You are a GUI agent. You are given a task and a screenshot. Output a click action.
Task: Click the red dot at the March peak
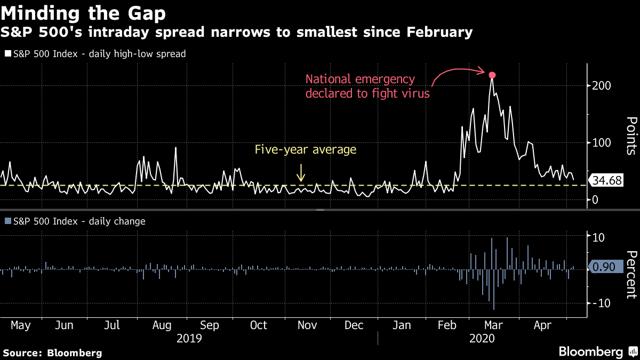(x=492, y=75)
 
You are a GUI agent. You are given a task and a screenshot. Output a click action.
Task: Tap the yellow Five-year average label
(x=305, y=149)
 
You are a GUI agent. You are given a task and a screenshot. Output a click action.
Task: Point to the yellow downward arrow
(x=301, y=172)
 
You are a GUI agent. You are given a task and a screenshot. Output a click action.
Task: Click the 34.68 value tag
(x=607, y=181)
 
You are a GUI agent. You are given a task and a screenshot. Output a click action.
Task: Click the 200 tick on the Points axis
(x=601, y=86)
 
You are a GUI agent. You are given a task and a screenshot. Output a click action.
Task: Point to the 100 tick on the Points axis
(x=601, y=143)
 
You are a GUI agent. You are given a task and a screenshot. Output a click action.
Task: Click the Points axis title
(x=631, y=135)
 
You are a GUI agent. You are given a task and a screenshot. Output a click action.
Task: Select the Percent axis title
(x=631, y=274)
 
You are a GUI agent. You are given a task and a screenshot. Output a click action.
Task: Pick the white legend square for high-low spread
(x=7, y=54)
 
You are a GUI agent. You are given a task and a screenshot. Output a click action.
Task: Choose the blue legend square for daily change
(x=7, y=221)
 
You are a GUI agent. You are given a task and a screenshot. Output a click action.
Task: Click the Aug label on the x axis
(x=162, y=325)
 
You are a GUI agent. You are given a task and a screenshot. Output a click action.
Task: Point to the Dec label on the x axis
(x=354, y=325)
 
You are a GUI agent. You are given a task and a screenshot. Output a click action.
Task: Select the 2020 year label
(x=482, y=339)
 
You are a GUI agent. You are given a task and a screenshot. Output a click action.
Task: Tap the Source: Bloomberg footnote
(x=52, y=353)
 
